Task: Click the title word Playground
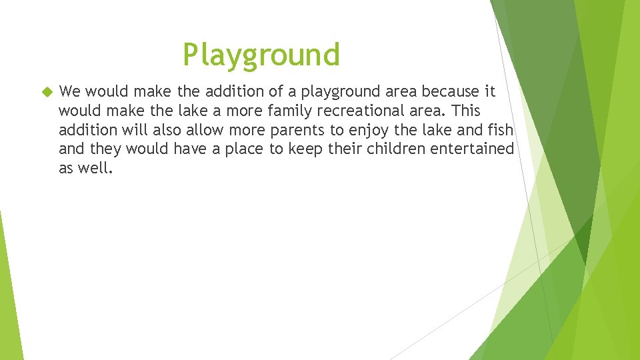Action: (261, 55)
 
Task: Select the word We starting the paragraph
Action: (69, 91)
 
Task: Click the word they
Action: (104, 149)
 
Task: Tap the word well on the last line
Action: (97, 168)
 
